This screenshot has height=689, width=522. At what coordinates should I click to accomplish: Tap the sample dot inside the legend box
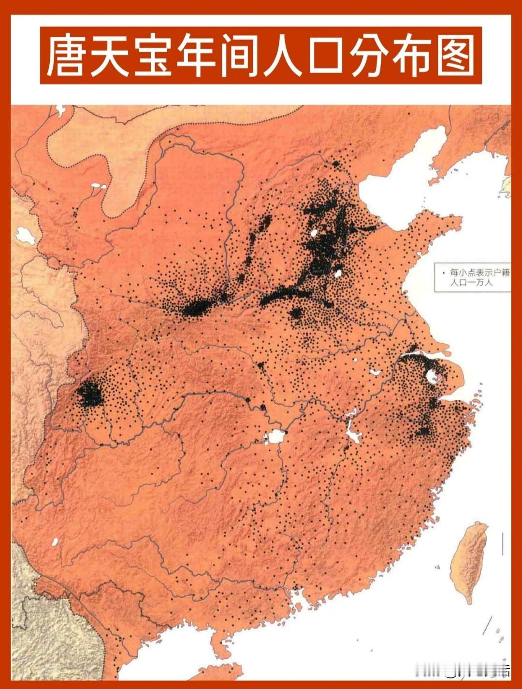443,273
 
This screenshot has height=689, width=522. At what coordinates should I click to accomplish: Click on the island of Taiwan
468,560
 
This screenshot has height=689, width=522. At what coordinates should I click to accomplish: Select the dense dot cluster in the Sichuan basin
89,394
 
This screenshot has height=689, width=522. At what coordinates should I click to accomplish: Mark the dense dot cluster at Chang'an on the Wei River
196,308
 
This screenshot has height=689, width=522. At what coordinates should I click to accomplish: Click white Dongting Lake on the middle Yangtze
275,436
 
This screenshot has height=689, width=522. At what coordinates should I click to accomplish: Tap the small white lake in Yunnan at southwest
55,542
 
